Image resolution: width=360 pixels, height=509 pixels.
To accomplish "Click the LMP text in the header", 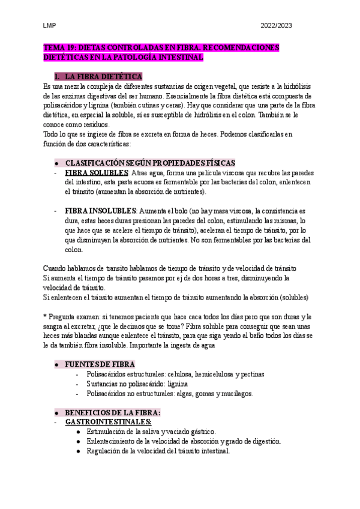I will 50,26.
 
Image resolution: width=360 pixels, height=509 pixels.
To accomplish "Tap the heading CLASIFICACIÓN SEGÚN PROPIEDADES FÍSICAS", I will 150,163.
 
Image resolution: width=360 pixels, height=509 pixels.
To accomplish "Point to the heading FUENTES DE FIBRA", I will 100,364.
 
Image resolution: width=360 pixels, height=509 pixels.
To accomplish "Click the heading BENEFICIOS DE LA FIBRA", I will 112,413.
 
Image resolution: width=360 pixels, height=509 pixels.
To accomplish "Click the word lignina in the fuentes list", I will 178,384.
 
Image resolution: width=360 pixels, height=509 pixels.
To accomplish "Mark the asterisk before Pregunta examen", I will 45,316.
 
